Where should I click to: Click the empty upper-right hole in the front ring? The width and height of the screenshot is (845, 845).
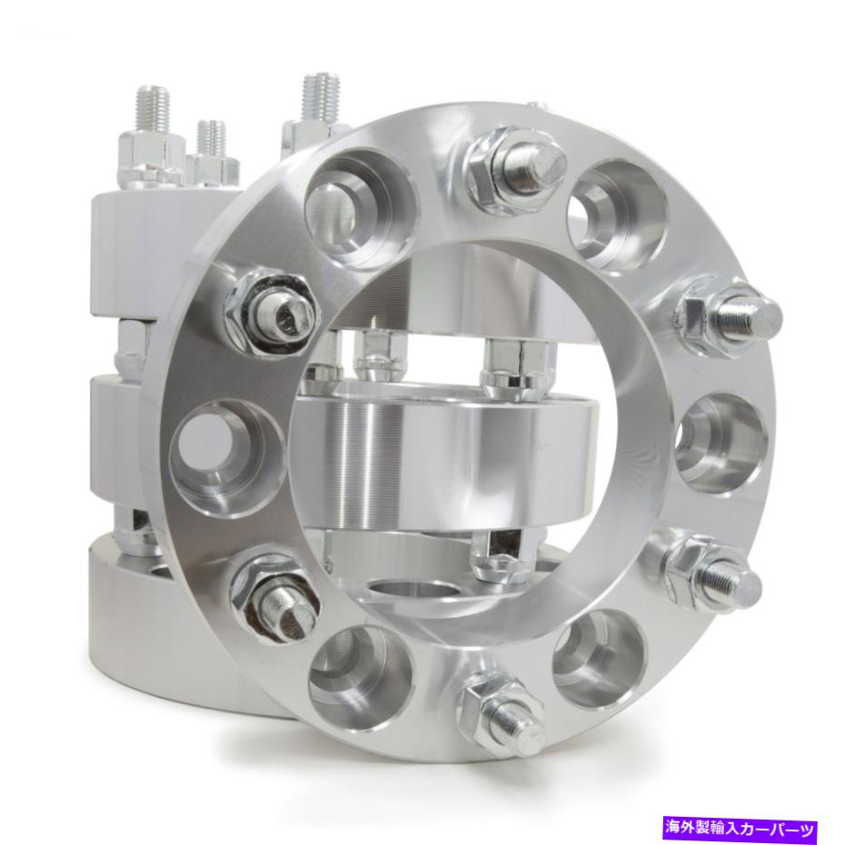click(617, 215)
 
